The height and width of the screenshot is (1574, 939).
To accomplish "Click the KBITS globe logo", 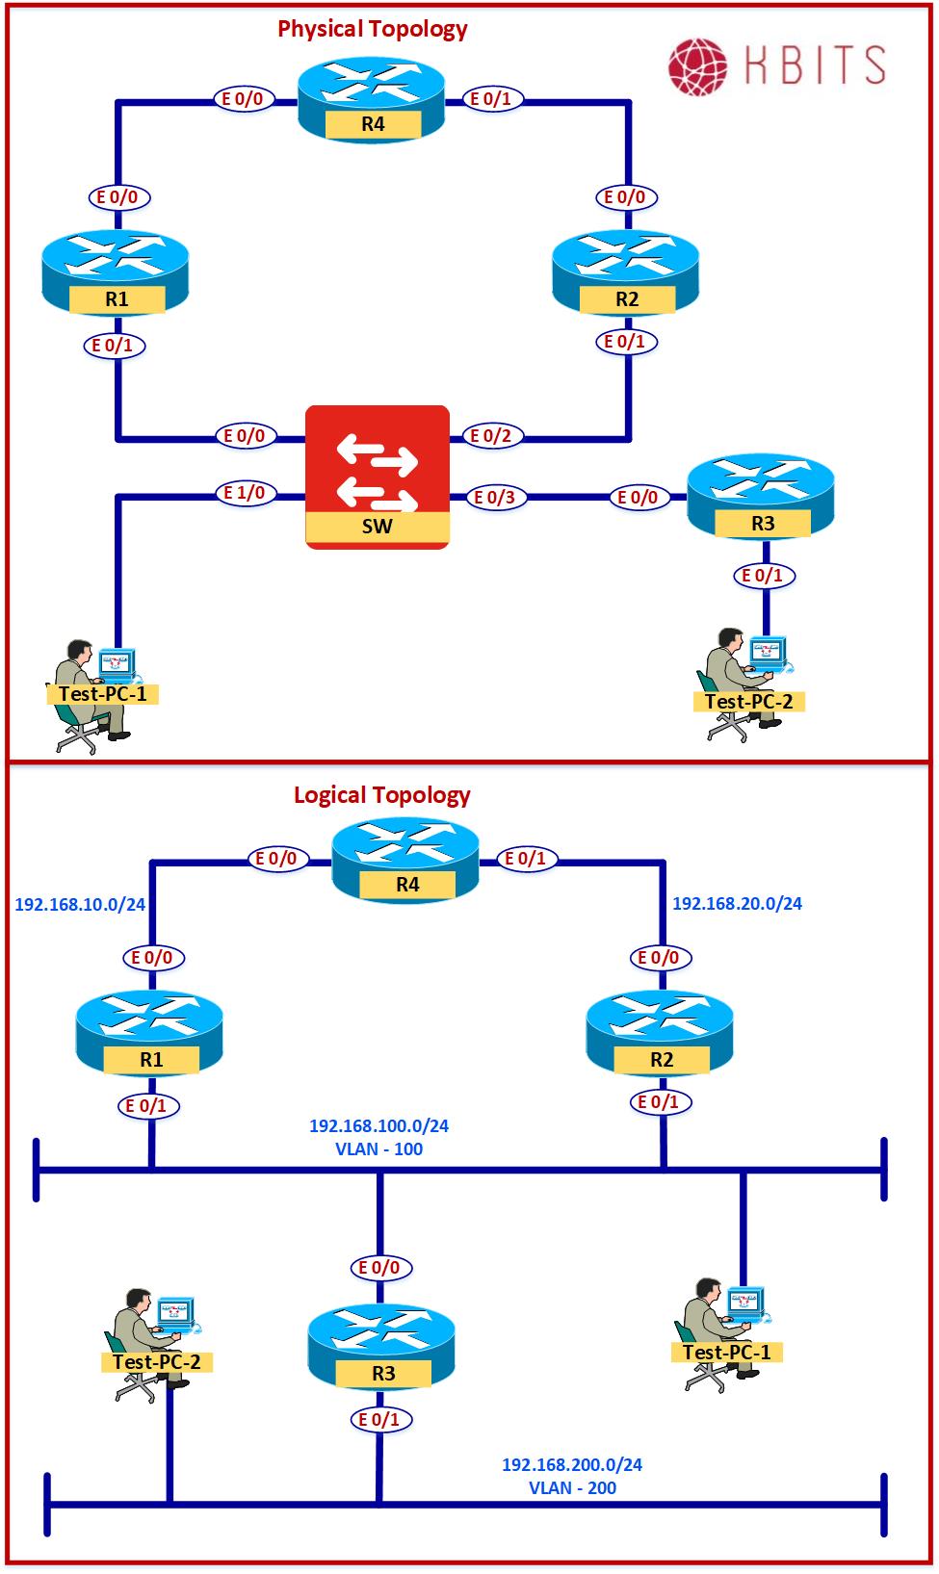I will [700, 65].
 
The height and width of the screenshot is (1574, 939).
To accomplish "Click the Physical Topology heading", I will [373, 29].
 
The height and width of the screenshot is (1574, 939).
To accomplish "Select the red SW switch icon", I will [378, 477].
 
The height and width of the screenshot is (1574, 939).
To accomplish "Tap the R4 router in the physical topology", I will [372, 100].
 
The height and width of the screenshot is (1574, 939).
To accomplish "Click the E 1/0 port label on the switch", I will [245, 494].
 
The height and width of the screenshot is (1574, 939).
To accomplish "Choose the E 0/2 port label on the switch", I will [491, 436].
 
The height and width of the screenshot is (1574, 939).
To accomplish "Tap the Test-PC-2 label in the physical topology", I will [749, 702].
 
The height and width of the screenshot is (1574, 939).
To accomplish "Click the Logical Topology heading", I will [382, 795].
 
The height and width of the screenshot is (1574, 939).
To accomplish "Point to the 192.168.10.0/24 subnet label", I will [80, 905].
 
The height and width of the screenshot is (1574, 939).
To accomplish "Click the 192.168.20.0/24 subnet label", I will [737, 904].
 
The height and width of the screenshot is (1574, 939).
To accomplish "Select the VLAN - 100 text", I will [379, 1149].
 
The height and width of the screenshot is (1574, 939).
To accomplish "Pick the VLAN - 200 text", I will [573, 1488].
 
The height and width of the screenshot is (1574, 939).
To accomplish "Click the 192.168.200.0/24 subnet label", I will [572, 1465].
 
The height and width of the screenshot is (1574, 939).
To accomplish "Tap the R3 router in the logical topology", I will [381, 1348].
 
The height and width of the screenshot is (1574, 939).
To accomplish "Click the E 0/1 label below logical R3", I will [379, 1420].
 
